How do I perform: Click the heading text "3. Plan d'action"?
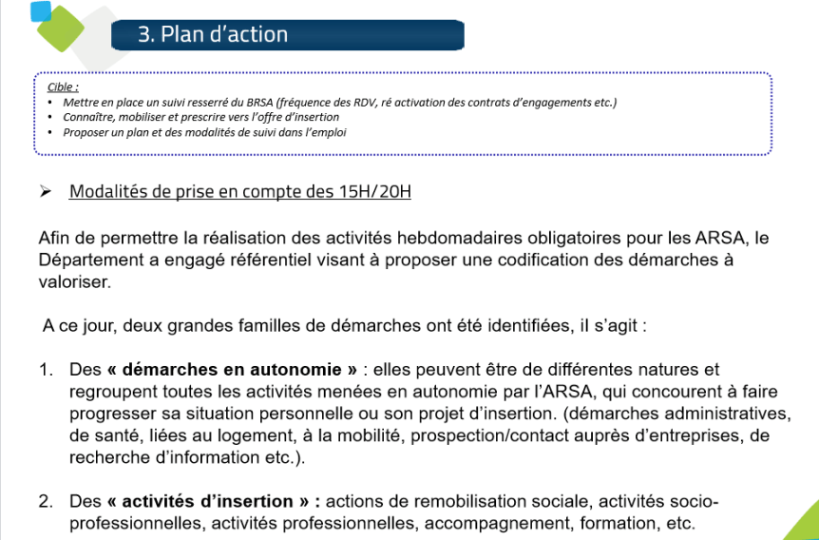point(212,35)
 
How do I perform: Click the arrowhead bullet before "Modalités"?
point(45,191)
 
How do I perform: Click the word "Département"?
point(88,260)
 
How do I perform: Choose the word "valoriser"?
point(74,281)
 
